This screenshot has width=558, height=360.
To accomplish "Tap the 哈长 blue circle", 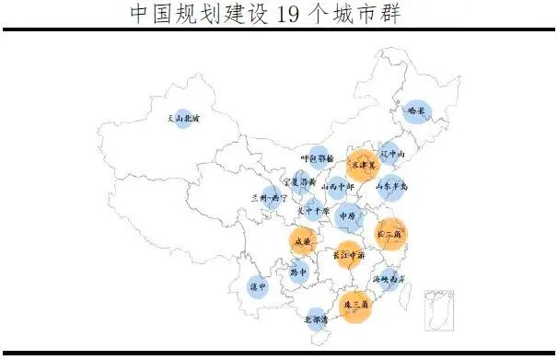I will tap(417, 110).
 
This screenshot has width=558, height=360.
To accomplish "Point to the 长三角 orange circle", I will tap(390, 234).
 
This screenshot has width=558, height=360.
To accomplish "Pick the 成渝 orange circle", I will tap(302, 242).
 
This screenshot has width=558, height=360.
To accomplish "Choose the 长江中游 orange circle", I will tap(348, 254).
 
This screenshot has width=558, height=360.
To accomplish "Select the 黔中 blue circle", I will tap(296, 273).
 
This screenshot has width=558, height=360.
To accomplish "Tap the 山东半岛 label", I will tap(391, 187).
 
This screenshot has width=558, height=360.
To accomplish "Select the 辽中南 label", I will tap(393, 154).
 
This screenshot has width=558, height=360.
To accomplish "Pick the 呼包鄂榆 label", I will tap(318, 158).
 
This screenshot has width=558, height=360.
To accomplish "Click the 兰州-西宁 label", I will tap(269, 197).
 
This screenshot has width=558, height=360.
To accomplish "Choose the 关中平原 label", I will tap(313, 209).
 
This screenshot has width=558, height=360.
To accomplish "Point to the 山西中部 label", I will tap(337, 186).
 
